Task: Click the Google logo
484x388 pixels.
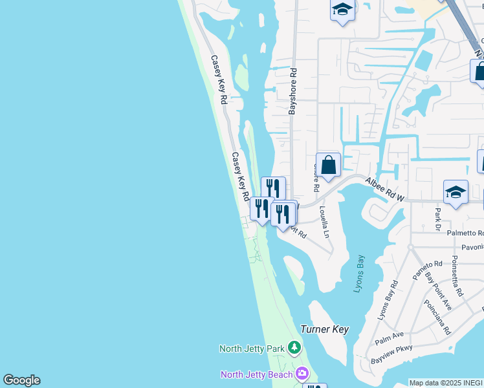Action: [22, 380]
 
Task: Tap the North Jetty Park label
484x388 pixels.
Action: [252, 349]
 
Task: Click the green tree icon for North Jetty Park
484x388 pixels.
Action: [294, 348]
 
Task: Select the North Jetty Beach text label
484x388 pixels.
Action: [256, 374]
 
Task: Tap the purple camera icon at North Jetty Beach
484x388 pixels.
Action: [302, 374]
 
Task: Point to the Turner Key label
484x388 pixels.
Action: [325, 329]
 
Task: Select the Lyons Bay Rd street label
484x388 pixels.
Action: [387, 301]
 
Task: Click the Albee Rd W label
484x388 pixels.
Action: [384, 191]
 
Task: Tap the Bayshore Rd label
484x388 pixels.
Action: [292, 92]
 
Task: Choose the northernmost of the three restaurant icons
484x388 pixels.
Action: [273, 188]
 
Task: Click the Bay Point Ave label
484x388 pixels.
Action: [438, 291]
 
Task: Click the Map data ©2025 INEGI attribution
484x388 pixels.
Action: [446, 383]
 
